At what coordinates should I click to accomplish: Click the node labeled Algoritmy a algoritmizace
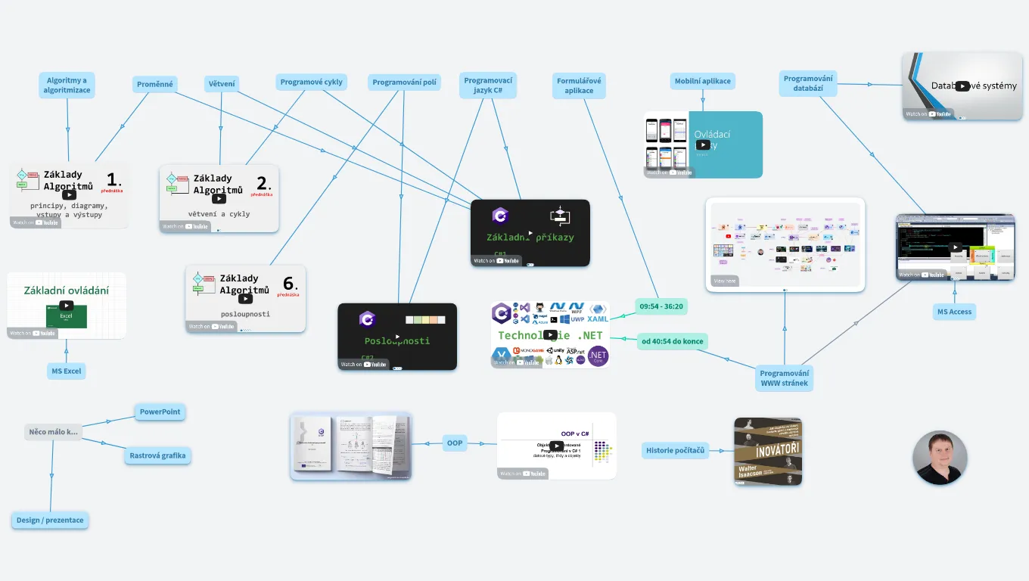point(67,85)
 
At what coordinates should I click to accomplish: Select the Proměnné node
point(155,84)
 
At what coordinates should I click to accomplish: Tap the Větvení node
point(222,84)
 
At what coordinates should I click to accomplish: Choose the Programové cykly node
point(311,82)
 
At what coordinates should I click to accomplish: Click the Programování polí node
point(404,82)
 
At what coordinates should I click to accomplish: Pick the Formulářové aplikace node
point(579,85)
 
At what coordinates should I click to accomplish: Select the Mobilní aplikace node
point(703,82)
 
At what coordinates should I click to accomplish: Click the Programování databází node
point(808,83)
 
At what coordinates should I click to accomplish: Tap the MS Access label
point(954,312)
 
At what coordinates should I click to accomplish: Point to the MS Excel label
point(67,371)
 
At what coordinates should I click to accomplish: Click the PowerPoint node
point(160,412)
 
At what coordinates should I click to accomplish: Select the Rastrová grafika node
point(157,455)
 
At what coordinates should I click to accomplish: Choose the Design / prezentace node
point(50,520)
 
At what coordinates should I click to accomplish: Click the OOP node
point(454,443)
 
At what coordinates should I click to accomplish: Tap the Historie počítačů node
point(675,451)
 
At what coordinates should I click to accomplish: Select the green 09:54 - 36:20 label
point(661,306)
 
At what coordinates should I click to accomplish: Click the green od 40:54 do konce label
point(673,341)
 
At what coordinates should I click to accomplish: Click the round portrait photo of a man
point(940,458)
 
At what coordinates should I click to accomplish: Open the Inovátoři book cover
point(768,451)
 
